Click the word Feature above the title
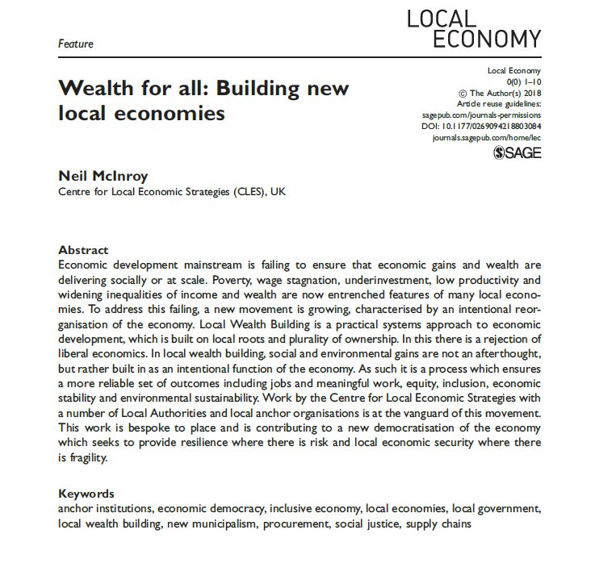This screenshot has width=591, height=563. click(75, 44)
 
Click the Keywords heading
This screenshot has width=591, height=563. click(86, 494)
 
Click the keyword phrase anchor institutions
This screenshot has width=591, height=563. click(105, 509)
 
